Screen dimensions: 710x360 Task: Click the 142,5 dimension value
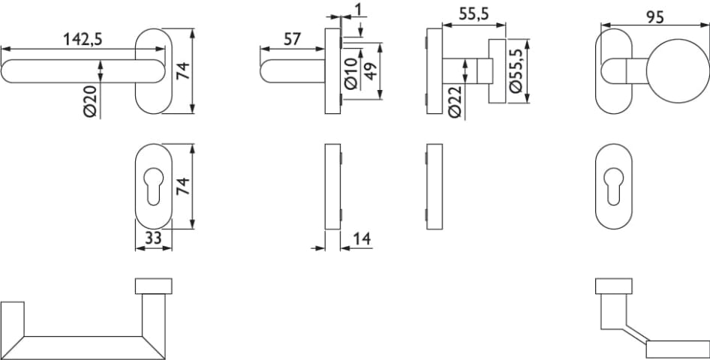(x=83, y=39)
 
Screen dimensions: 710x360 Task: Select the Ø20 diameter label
(x=91, y=101)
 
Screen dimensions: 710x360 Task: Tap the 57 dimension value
(x=292, y=39)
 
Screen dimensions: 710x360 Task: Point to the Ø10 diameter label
(x=351, y=73)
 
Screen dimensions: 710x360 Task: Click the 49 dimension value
(x=371, y=70)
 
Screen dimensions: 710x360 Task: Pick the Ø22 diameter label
(x=456, y=102)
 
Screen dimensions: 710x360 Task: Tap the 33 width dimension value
(x=153, y=238)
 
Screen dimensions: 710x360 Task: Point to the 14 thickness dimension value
(x=363, y=238)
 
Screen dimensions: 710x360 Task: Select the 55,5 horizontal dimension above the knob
(x=474, y=15)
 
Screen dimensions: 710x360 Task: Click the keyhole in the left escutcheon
(x=154, y=186)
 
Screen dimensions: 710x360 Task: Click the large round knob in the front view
(x=678, y=71)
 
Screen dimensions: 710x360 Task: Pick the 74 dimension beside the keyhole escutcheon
(x=182, y=186)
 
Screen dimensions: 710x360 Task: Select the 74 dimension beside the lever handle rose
(x=183, y=70)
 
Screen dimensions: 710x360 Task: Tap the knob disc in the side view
(x=497, y=71)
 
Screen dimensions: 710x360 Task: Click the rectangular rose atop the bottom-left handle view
(x=154, y=286)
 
